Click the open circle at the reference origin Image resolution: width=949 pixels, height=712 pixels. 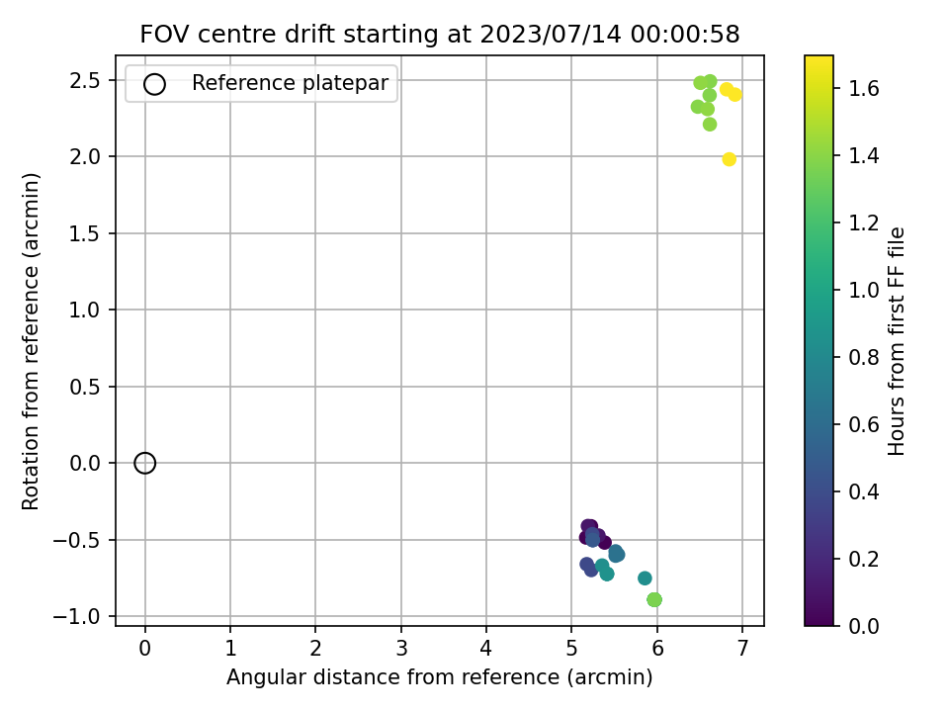(144, 463)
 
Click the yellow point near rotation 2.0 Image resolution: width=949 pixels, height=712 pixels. (729, 159)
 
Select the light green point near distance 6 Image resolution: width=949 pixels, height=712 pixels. (654, 599)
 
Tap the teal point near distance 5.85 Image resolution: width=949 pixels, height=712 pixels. (645, 578)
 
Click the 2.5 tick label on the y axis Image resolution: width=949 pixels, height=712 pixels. (85, 80)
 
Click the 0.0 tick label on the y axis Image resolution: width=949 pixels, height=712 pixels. (85, 463)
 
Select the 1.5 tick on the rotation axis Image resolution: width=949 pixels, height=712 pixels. (85, 233)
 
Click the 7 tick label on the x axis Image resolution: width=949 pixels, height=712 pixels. (742, 649)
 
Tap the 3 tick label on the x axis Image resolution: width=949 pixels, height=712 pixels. (401, 649)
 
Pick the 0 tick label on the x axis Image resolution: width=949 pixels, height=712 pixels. (144, 649)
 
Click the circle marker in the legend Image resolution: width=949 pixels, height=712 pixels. (154, 84)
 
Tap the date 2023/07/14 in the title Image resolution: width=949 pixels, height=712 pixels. (551, 34)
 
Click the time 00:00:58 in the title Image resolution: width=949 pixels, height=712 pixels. (685, 34)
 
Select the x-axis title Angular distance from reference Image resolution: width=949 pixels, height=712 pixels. (392, 676)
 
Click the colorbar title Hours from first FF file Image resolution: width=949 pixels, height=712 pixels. (896, 341)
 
